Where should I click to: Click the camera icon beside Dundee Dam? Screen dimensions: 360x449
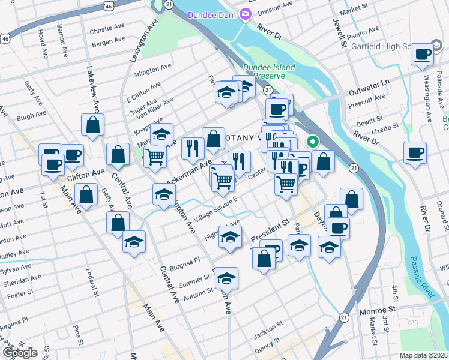point(245,15)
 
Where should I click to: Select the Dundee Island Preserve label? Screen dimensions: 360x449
point(269,72)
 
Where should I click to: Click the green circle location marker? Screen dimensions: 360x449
point(312,142)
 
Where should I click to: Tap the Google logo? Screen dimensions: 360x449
point(19,353)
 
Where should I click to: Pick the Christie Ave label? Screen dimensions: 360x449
point(106,30)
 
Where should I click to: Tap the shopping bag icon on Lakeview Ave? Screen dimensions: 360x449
point(93,125)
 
